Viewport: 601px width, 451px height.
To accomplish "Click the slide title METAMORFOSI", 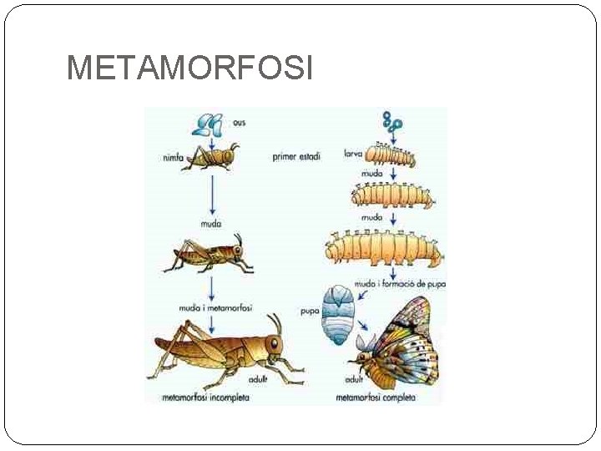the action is coord(189,68).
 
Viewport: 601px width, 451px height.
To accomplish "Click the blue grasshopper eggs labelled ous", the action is coord(208,124).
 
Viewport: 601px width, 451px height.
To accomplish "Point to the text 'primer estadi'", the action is coord(295,156).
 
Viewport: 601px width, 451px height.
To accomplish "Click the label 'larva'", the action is coord(354,154).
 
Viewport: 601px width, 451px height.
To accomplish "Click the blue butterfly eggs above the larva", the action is coord(392,122).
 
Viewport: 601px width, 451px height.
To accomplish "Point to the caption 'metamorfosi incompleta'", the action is coord(205,398).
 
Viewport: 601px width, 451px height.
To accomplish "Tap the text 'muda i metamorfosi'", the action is coord(215,307).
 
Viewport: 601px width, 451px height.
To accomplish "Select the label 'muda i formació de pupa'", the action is coord(401,284).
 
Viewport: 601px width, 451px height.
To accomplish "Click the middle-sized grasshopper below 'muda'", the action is coord(210,255).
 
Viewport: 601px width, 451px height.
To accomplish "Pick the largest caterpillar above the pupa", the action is coord(383,249).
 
